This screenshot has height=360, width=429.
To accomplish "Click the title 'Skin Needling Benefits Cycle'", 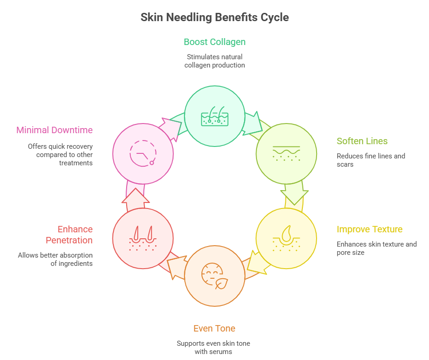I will point(214,17).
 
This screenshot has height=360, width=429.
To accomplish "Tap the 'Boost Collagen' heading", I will point(214,42).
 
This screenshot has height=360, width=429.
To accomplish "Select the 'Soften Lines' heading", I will point(362,141).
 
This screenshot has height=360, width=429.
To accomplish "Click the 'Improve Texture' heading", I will point(369,229).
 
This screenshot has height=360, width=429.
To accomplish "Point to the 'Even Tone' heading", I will point(214,328).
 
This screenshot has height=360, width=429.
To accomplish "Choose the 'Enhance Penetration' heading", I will point(69,235).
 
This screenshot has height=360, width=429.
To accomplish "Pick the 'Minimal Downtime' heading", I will point(55,130).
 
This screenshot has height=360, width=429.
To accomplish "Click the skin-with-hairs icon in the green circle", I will point(214,116).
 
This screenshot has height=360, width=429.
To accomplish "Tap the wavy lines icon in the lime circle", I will point(286,153).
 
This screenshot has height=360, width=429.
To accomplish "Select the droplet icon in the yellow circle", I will point(286,238).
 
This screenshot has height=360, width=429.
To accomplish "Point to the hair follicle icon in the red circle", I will point(143,238).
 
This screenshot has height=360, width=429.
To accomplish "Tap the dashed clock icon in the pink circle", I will point(143,152).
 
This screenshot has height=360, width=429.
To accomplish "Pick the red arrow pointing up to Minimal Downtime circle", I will point(135,197).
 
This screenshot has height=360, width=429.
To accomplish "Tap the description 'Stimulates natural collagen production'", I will point(214,61).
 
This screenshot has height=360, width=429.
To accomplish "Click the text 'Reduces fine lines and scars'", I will point(371,160).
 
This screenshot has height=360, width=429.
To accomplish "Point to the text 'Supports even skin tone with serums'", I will point(214,348).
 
